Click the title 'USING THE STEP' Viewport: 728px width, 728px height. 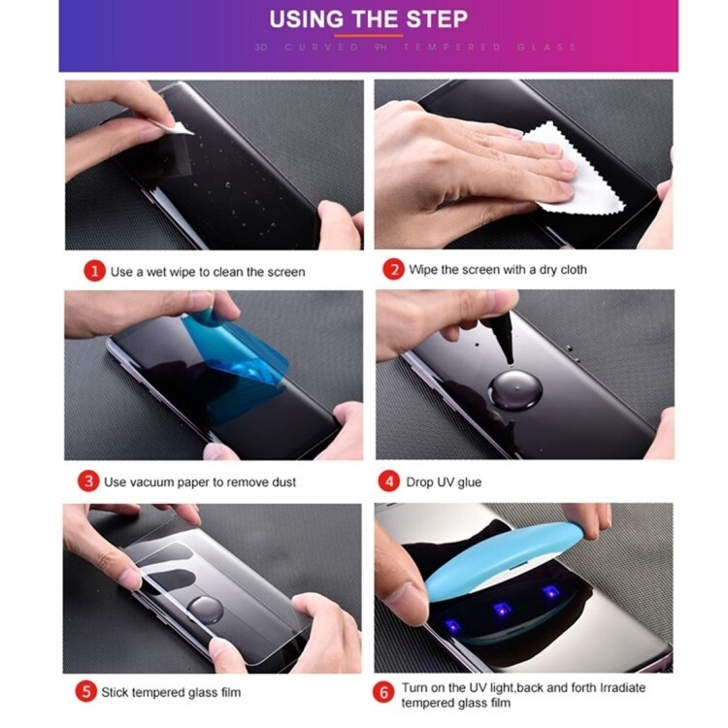pos(368,18)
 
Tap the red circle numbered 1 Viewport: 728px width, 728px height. pos(93,272)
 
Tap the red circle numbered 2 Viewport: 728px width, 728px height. pos(393,270)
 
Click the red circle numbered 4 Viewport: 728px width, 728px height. pos(389,481)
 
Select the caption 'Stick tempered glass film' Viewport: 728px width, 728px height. pos(172,693)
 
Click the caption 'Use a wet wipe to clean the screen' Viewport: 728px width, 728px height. pos(208,273)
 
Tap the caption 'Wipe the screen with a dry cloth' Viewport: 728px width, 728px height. pos(498,270)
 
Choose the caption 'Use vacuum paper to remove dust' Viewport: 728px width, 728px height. pos(200,482)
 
